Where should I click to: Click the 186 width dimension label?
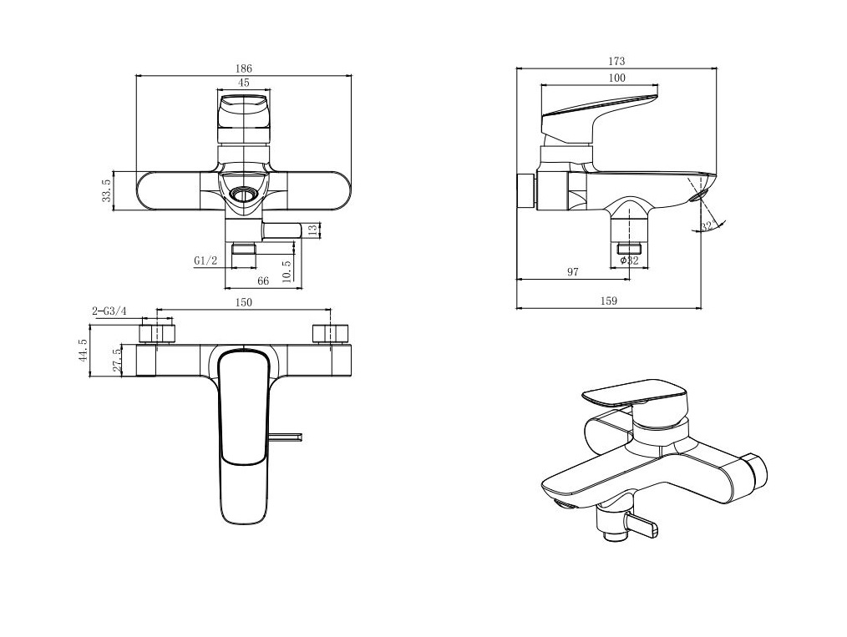[244, 68]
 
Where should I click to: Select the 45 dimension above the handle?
[244, 83]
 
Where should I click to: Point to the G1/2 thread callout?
[205, 260]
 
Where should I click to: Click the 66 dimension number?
[263, 281]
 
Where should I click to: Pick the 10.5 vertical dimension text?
[287, 270]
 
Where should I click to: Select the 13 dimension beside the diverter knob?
[312, 231]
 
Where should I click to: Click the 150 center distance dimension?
[244, 302]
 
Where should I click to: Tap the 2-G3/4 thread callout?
[109, 311]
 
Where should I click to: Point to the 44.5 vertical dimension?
[83, 351]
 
